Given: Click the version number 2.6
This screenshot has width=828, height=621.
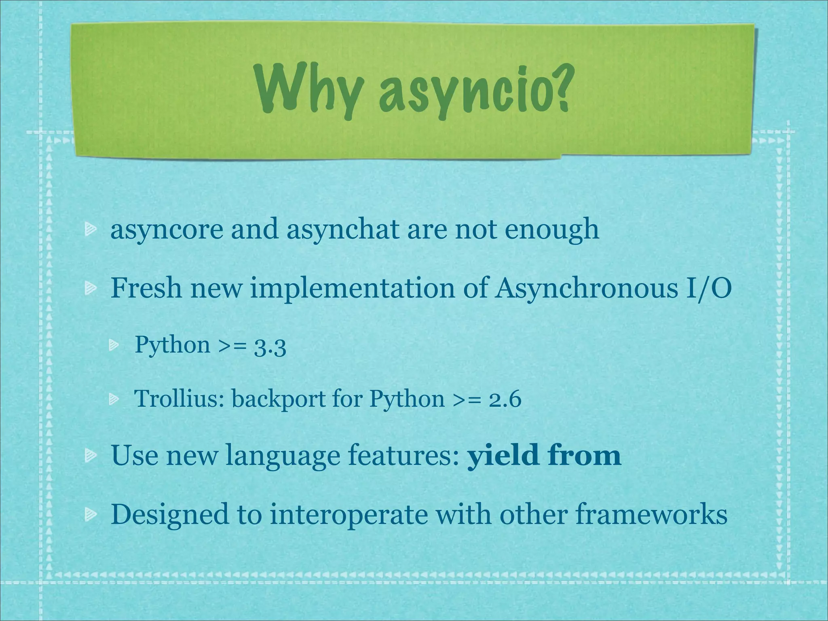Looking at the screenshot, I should pyautogui.click(x=505, y=399).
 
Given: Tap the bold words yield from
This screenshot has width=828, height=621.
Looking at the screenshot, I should pyautogui.click(x=544, y=455).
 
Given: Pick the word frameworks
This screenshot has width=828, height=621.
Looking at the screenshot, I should pyautogui.click(x=651, y=514).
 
